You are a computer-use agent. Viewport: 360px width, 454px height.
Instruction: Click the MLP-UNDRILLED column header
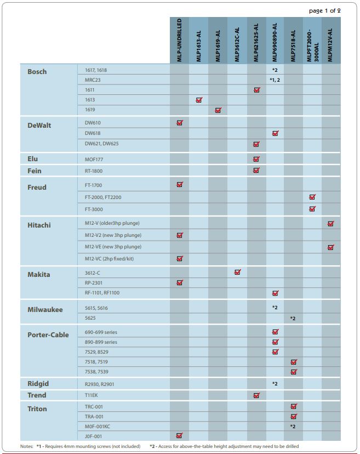tap(179, 40)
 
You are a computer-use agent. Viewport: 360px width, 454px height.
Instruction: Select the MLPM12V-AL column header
tap(330, 45)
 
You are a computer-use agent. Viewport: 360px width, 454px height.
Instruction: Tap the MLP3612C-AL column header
tap(237, 44)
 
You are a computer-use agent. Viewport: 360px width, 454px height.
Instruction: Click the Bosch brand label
tap(37, 71)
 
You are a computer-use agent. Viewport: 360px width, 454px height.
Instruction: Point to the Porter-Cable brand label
tap(48, 334)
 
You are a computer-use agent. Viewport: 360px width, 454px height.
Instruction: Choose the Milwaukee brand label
tap(45, 309)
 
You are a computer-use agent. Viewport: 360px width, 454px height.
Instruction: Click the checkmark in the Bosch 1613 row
tap(199, 100)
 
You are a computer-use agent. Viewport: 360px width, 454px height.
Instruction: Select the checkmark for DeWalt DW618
tap(276, 133)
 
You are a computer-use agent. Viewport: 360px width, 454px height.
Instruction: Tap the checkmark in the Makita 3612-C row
tap(238, 272)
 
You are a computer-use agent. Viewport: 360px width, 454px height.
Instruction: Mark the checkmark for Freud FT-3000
tap(312, 209)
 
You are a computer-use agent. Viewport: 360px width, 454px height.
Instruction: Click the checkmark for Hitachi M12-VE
tap(331, 247)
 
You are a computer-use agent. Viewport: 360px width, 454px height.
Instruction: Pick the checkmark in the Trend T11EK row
tap(256, 395)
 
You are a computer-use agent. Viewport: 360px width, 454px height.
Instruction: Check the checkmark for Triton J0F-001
tap(179, 435)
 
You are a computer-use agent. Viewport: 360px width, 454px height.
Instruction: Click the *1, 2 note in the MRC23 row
tap(275, 80)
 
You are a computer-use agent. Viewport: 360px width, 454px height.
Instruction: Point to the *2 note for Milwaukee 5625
tap(293, 319)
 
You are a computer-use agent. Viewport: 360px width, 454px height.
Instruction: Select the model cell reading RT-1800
tap(94, 171)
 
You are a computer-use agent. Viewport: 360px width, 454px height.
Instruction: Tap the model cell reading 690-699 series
tap(101, 332)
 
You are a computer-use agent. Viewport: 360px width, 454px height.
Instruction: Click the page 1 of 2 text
tap(325, 11)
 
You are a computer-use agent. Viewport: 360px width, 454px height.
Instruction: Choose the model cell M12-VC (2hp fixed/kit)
tap(109, 259)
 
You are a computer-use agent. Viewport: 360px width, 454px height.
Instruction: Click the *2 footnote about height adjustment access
tap(224, 446)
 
